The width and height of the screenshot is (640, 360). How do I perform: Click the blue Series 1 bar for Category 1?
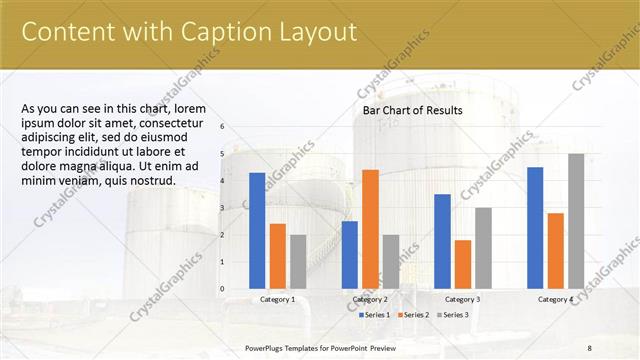[x=257, y=231]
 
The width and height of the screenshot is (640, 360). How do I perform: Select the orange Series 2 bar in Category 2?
[x=370, y=229]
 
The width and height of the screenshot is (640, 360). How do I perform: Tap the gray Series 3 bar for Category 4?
[x=576, y=221]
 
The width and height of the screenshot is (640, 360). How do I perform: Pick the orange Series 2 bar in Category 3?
[x=463, y=264]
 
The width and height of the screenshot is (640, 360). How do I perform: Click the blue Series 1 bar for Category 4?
[x=535, y=228]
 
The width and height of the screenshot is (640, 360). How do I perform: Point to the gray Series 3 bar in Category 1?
[x=298, y=262]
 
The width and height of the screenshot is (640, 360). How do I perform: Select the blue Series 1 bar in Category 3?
[x=442, y=241]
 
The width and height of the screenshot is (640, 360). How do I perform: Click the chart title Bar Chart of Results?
[x=412, y=110]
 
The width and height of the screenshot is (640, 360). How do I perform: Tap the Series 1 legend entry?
[x=373, y=315]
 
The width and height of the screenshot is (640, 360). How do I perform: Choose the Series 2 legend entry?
[x=413, y=315]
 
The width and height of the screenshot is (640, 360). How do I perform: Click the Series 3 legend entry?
[x=451, y=315]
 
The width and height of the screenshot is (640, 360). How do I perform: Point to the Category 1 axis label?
[x=277, y=299]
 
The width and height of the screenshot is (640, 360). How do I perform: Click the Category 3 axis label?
[x=462, y=299]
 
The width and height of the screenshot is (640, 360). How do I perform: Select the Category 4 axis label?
[x=555, y=299]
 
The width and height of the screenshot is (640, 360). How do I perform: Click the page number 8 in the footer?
[x=589, y=347]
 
